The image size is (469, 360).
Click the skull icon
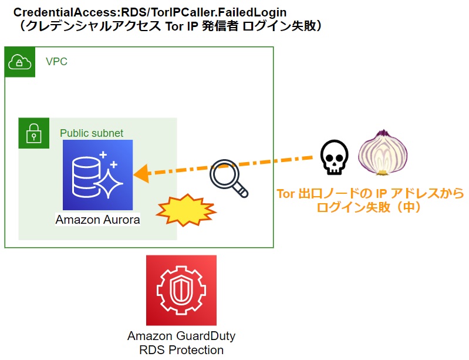pos(334,157)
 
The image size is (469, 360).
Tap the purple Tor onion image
pos(383,153)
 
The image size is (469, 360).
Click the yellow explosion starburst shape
pos(186,210)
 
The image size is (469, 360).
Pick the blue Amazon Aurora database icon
pos(98,175)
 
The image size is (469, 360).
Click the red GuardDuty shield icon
pos(181,290)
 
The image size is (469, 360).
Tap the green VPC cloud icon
pos(20,62)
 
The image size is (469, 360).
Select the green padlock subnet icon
pos(34,133)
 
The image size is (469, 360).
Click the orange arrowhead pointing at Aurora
pos(141,174)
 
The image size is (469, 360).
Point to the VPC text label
pos(56,62)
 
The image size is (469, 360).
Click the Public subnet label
pos(92,133)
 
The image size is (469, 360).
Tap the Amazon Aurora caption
pos(98,220)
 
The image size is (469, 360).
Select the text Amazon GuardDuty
pos(181,336)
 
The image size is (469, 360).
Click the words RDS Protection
pos(181,350)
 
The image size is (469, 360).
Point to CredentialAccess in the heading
pos(66,12)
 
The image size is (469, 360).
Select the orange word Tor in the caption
pos(286,194)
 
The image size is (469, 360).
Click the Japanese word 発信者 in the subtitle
pos(220,26)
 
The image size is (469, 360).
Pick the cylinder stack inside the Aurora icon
pos(86,177)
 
